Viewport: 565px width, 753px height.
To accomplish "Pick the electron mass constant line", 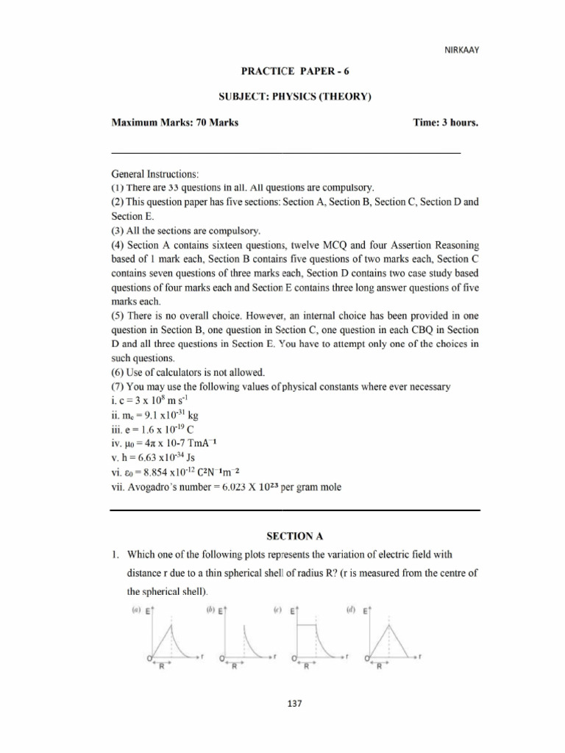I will (x=146, y=415).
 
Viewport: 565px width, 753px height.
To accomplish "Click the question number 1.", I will (x=115, y=557).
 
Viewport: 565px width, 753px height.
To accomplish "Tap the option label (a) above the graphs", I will (x=135, y=610).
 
